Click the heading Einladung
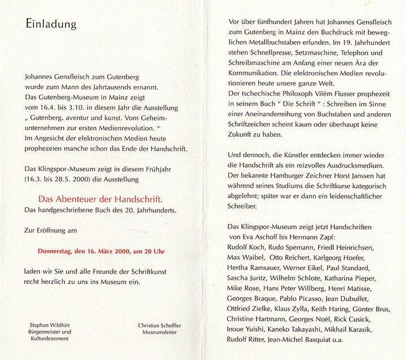pos(51,25)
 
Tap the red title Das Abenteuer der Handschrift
pos(100,199)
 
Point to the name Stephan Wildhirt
pos(50,325)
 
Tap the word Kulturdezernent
pos(50,339)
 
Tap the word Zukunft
pos(244,135)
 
